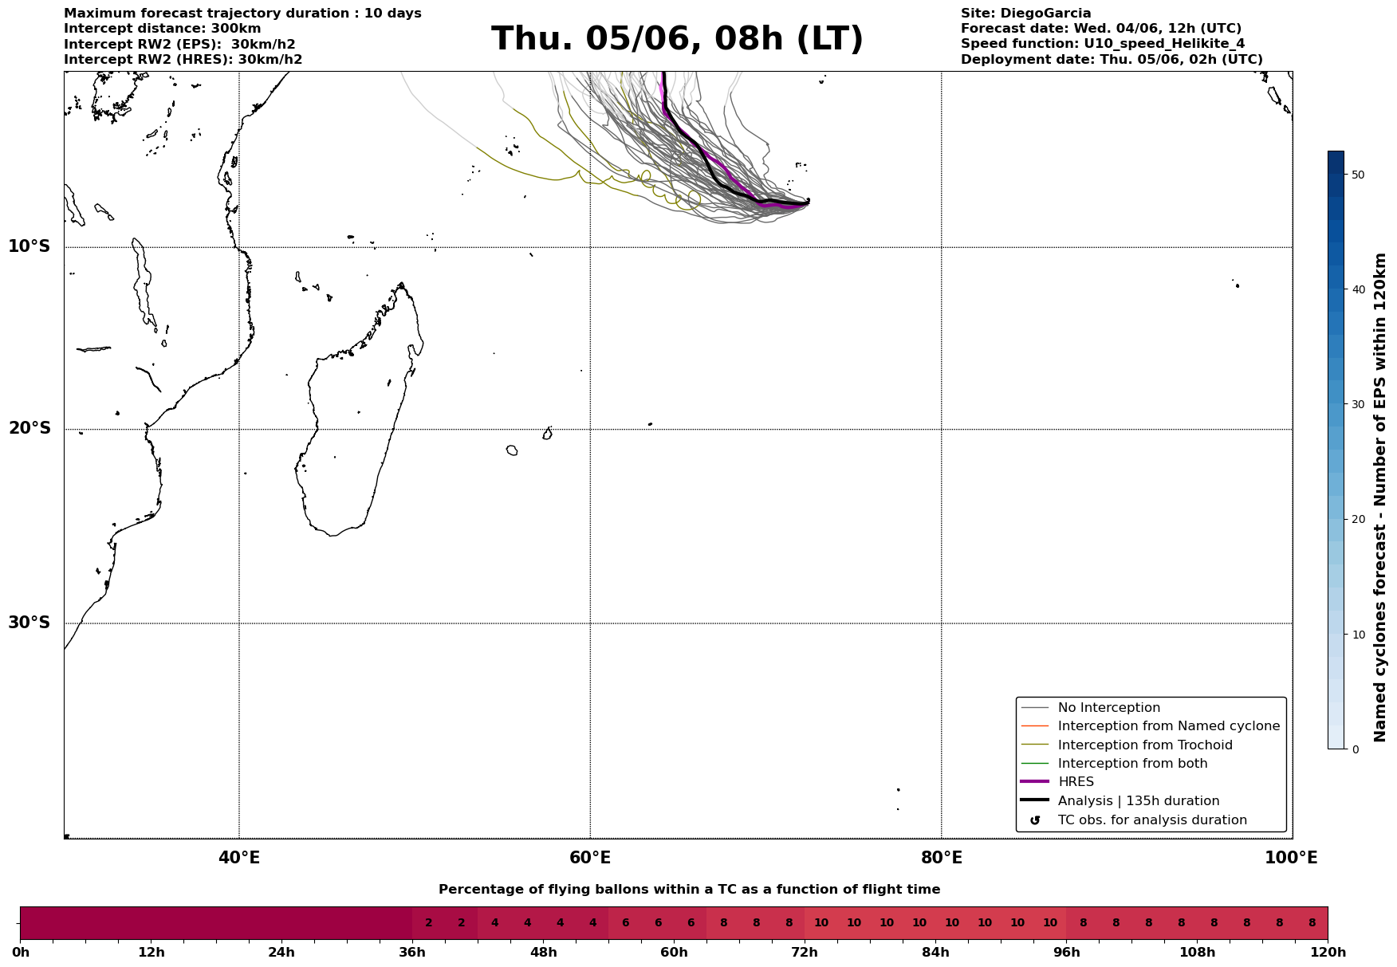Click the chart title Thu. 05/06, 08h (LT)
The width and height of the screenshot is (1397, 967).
[x=677, y=39]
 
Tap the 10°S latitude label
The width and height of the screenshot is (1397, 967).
[x=30, y=246]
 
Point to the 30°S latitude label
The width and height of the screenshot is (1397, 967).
[x=30, y=623]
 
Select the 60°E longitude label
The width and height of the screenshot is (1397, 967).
[x=590, y=858]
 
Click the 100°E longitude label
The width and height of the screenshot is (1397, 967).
[x=1291, y=858]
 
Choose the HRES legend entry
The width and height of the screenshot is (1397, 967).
[x=1076, y=782]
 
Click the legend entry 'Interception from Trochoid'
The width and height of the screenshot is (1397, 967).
[x=1144, y=745]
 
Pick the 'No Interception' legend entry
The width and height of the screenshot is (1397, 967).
[x=1108, y=708]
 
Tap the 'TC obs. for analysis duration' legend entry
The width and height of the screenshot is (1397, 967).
[x=1151, y=820]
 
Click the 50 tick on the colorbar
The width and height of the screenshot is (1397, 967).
[x=1359, y=175]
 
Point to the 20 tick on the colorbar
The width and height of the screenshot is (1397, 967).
[x=1359, y=520]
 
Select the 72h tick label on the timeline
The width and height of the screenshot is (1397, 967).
[x=805, y=953]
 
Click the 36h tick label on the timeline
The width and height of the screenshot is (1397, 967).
[x=412, y=953]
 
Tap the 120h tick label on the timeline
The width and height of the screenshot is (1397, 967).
[x=1328, y=953]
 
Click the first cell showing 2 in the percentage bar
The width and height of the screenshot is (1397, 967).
[x=428, y=923]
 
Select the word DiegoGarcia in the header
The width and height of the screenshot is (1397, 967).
[x=1045, y=14]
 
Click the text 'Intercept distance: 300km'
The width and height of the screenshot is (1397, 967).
[x=162, y=29]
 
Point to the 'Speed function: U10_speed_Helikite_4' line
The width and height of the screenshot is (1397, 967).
[x=1102, y=44]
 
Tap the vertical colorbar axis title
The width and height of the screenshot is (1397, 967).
[x=1381, y=497]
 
